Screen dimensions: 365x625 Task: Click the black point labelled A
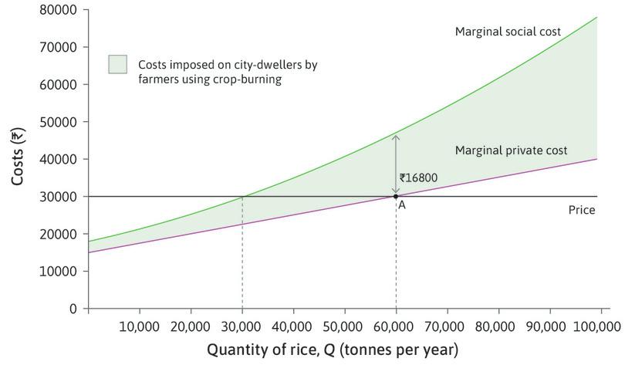click(x=396, y=196)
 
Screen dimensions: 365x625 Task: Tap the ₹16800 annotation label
click(x=418, y=178)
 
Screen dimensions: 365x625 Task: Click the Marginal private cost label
click(x=511, y=150)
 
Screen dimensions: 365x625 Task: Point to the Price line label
click(x=581, y=210)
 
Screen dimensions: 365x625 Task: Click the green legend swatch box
click(x=118, y=65)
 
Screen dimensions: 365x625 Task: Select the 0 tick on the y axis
click(x=73, y=309)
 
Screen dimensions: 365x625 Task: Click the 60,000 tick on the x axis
click(x=396, y=326)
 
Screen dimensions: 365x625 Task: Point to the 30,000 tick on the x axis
click(x=242, y=326)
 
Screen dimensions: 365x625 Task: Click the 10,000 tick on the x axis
click(x=140, y=326)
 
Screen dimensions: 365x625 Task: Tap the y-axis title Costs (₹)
click(x=19, y=157)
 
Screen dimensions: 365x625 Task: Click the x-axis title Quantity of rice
click(x=332, y=350)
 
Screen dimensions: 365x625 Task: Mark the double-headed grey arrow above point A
click(x=396, y=164)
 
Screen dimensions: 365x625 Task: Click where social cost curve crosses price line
click(x=242, y=196)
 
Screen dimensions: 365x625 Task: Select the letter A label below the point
click(x=402, y=206)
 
